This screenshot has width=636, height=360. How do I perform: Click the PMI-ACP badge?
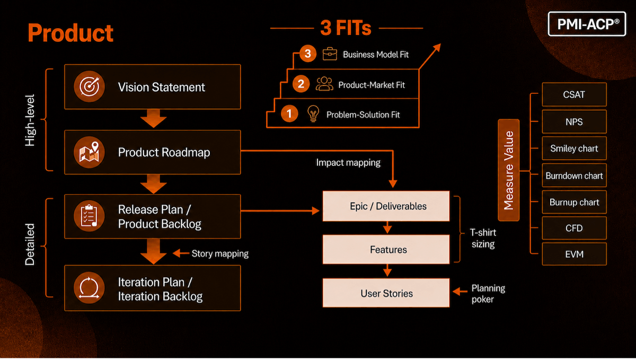587,24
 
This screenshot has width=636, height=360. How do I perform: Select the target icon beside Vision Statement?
89,86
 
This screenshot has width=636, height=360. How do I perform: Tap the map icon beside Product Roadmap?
89,152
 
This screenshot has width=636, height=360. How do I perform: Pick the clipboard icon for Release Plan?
89,216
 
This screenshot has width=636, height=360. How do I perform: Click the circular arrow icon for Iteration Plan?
89,288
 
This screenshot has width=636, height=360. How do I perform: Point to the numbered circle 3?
308,54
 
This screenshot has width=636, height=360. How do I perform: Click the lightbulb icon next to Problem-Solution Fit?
313,113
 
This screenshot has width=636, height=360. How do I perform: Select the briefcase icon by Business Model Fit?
330,54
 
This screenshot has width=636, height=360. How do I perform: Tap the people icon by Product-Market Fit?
324,84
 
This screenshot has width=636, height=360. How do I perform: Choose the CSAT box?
574,94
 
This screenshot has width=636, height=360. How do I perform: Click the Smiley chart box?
574,148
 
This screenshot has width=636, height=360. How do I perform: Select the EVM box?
574,254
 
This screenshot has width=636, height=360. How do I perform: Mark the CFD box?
574,228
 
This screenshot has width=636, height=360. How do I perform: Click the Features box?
386,250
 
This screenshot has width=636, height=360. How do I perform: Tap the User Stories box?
386,293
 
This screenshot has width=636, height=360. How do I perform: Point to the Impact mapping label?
348,163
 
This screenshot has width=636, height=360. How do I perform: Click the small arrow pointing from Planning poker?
460,291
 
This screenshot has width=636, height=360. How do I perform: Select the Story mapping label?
220,254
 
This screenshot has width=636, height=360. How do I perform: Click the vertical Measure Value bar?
508,170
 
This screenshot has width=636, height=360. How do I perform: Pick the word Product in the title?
70,33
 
